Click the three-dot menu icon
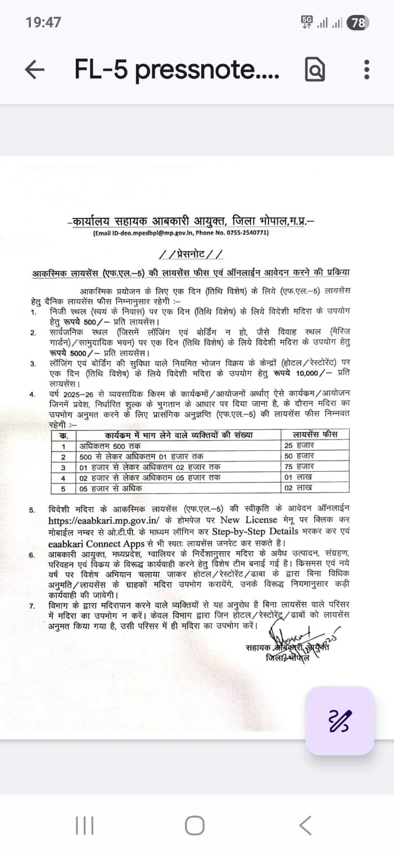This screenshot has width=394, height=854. point(366,69)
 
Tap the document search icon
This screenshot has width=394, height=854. point(315,69)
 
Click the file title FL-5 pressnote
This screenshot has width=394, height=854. point(177,69)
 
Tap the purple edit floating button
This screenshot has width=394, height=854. point(340,721)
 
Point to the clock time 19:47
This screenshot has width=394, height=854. point(43,22)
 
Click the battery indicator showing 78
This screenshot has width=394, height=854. point(358,23)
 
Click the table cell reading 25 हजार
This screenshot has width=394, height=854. point(299,445)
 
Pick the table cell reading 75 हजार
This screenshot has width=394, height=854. point(299,466)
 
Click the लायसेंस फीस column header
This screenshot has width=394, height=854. point(315,434)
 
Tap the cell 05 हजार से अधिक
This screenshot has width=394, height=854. point(111,488)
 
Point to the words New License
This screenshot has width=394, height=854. point(248,520)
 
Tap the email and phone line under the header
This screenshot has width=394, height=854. point(181,233)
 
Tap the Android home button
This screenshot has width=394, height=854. point(194,825)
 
